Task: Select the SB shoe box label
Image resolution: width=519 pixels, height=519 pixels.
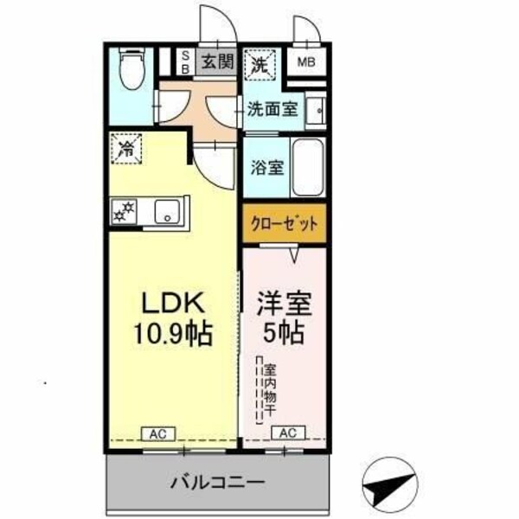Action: [184, 62]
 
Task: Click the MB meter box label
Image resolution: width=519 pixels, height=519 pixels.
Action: [306, 62]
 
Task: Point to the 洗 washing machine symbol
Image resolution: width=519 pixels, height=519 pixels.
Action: [259, 62]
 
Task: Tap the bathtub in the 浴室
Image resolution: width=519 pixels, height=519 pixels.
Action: [307, 166]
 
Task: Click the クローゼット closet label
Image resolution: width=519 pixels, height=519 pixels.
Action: [285, 223]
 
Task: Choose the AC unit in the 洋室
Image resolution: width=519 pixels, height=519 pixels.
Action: [288, 432]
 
